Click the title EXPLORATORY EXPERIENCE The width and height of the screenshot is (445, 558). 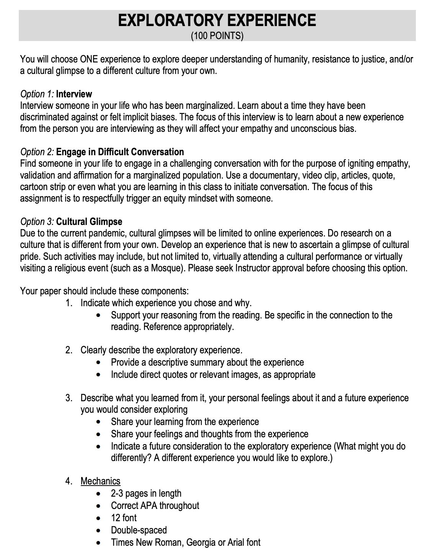217,20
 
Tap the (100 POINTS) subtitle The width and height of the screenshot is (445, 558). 217,36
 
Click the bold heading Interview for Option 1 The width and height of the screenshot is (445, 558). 74,94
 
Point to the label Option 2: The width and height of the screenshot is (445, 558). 37,152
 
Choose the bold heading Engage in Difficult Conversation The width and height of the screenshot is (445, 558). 120,152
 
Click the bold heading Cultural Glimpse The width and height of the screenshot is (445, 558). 89,222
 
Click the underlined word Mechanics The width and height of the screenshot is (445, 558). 100,481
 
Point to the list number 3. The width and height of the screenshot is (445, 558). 69,398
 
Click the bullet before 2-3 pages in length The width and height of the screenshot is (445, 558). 100,494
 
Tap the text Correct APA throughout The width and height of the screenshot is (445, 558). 155,506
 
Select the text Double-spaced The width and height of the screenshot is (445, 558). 139,530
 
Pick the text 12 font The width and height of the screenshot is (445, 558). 124,518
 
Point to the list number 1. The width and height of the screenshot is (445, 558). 69,304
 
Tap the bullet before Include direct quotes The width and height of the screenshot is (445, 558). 100,375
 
